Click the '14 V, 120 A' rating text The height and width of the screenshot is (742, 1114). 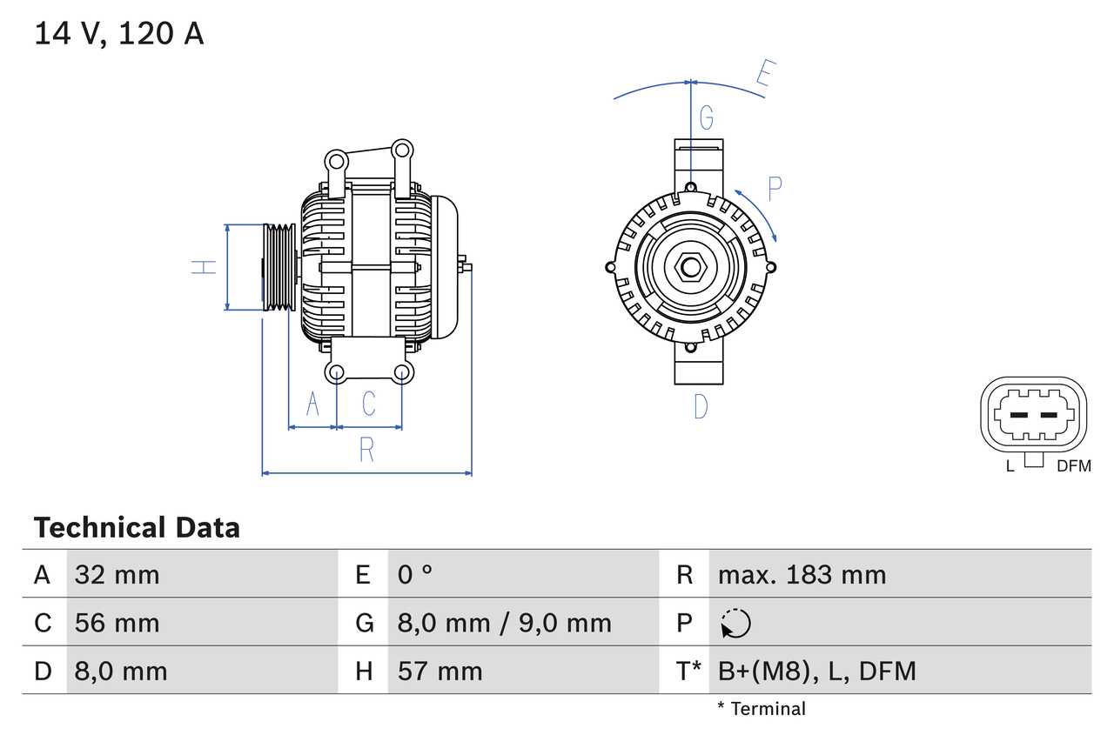pos(118,34)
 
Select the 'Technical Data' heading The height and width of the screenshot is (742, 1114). pos(137,528)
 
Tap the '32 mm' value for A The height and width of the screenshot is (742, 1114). pos(117,574)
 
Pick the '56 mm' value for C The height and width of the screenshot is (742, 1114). pos(117,623)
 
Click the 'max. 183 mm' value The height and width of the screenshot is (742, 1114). pos(802,574)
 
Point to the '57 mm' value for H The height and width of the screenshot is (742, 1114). pos(440,671)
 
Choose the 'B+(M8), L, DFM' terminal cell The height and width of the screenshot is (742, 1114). pos(817,671)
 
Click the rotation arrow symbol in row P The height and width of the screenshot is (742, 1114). pos(735,623)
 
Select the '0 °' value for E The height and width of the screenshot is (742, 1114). pos(415,574)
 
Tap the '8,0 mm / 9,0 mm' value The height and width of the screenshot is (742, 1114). pos(505,623)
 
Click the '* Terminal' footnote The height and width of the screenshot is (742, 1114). pos(762,709)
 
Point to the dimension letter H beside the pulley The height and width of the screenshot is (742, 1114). pos(204,267)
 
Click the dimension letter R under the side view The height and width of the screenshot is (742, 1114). pos(366,450)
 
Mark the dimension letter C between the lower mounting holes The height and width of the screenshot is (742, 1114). pos(368,403)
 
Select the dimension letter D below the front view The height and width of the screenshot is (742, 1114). pos(701,405)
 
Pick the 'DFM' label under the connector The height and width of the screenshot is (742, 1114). pos(1073,466)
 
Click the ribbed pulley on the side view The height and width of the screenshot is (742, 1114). pos(279,267)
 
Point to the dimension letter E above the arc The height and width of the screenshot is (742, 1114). pos(765,74)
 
